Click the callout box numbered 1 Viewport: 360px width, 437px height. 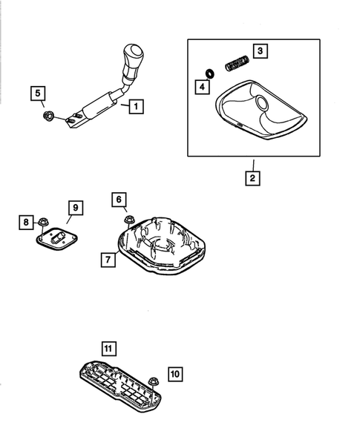(134, 106)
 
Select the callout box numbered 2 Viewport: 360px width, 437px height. (253, 177)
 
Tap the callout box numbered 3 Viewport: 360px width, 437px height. (260, 51)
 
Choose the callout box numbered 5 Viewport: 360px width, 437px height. (37, 93)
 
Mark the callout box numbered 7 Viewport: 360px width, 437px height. (108, 259)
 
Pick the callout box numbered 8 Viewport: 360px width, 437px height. (27, 221)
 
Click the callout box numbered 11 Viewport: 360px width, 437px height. (108, 347)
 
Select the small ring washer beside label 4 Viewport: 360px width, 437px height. (210, 73)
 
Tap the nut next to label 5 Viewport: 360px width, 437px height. (49, 114)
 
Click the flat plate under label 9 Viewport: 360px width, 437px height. (58, 237)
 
